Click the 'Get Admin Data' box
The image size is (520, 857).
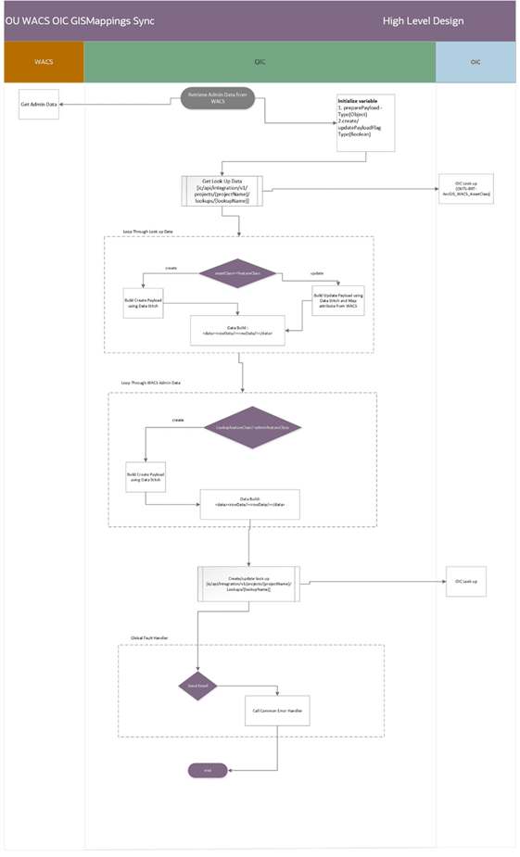pos(40,105)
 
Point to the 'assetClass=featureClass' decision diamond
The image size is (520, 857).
pos(239,272)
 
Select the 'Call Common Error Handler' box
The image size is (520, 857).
pos(275,710)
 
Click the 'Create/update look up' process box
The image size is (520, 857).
pos(247,581)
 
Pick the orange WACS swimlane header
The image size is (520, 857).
pos(44,62)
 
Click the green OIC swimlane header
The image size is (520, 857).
pos(260,62)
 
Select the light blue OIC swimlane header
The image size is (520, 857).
pos(475,62)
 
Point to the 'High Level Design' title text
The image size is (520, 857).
pos(424,20)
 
